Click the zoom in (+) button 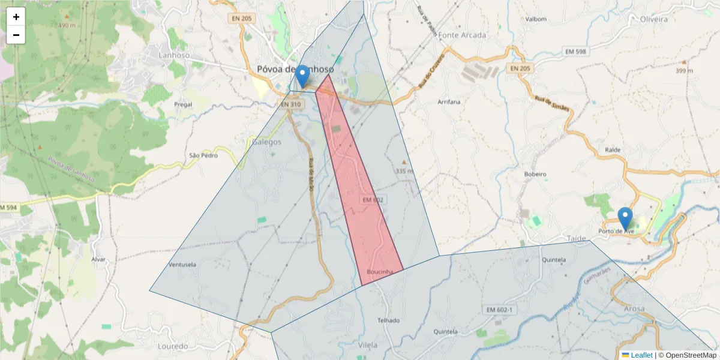coord(16,17)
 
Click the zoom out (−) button coord(16,35)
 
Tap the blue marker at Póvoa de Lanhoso coord(303,76)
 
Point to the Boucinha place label coord(380,272)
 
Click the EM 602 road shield coord(373,199)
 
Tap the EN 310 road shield coord(290,104)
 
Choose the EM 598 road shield coord(575,52)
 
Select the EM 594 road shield coord(8,208)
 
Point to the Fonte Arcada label coord(462,35)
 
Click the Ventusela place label coord(183,264)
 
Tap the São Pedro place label coord(203,155)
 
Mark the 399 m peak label coord(683,71)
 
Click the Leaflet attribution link coord(641,355)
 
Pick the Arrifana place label coord(449,102)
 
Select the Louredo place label coord(172,347)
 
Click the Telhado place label coord(388,320)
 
